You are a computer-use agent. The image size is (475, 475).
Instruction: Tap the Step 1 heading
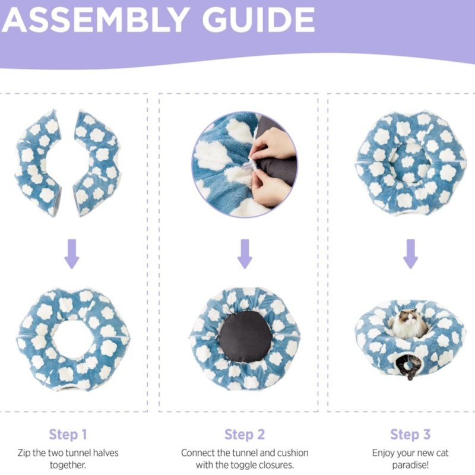(x=68, y=435)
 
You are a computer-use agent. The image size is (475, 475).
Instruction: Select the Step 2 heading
(x=245, y=435)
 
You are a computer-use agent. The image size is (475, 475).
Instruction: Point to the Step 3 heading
(x=410, y=435)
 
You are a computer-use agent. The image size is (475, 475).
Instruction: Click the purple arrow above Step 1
(x=72, y=254)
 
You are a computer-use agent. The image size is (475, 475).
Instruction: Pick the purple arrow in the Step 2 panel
(x=245, y=254)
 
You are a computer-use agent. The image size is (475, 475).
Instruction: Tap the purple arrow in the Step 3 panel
(x=410, y=254)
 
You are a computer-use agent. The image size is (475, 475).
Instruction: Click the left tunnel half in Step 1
(x=38, y=163)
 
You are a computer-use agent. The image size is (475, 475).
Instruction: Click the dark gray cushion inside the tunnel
(x=245, y=337)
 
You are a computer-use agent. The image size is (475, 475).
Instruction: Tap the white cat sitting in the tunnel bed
(x=409, y=324)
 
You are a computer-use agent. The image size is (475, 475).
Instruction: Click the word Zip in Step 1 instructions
(x=24, y=453)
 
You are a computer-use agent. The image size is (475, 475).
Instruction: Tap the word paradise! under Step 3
(x=410, y=465)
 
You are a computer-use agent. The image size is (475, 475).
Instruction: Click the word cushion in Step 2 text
(x=292, y=453)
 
